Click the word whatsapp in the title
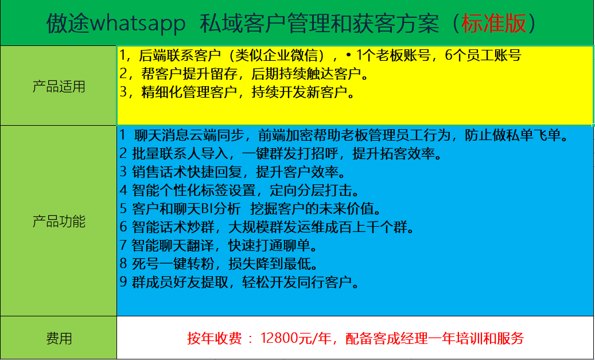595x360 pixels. click(138, 24)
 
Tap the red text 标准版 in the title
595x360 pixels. click(494, 23)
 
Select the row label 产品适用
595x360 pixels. click(59, 87)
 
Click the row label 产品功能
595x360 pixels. click(59, 222)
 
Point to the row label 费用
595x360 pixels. click(59, 338)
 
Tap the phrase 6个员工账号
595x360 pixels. click(483, 56)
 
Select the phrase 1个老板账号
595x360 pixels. click(394, 56)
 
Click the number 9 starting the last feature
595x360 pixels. click(123, 282)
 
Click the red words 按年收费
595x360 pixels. click(214, 338)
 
